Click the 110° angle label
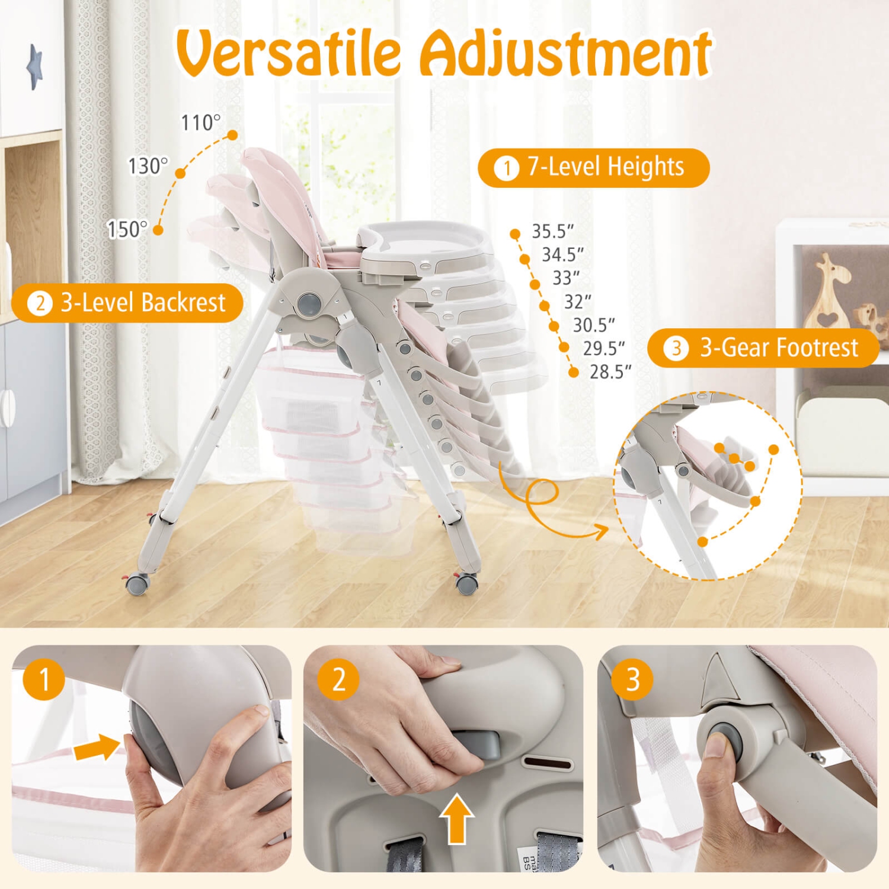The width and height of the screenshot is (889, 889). point(200,123)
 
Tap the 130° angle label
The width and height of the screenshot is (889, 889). point(148,166)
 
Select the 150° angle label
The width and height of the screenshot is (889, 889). point(127,229)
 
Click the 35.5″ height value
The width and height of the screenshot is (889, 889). point(552,231)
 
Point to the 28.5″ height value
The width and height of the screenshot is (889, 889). point(610,372)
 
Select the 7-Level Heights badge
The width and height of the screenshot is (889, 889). point(593,168)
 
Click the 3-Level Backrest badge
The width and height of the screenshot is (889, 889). point(127,303)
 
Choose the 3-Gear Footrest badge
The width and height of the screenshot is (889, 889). point(763,348)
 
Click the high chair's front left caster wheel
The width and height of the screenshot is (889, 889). point(137,584)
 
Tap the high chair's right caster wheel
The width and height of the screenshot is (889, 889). point(466,584)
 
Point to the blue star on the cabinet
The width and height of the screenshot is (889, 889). point(34,66)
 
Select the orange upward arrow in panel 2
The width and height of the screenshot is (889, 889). point(456,819)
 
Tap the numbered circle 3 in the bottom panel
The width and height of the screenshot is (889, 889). point(632,679)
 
